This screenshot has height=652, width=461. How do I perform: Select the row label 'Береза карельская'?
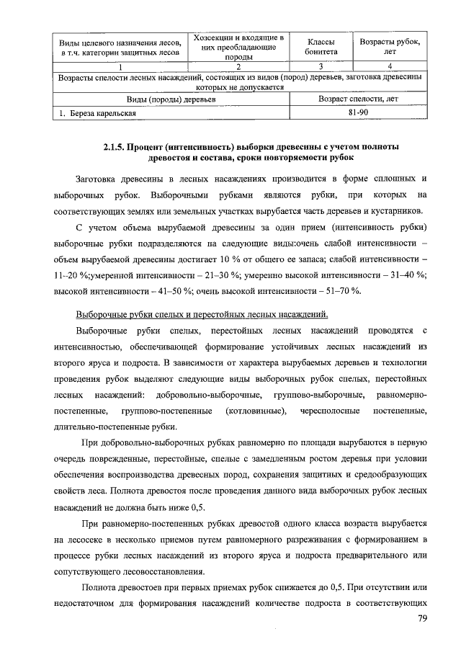tap(101, 113)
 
